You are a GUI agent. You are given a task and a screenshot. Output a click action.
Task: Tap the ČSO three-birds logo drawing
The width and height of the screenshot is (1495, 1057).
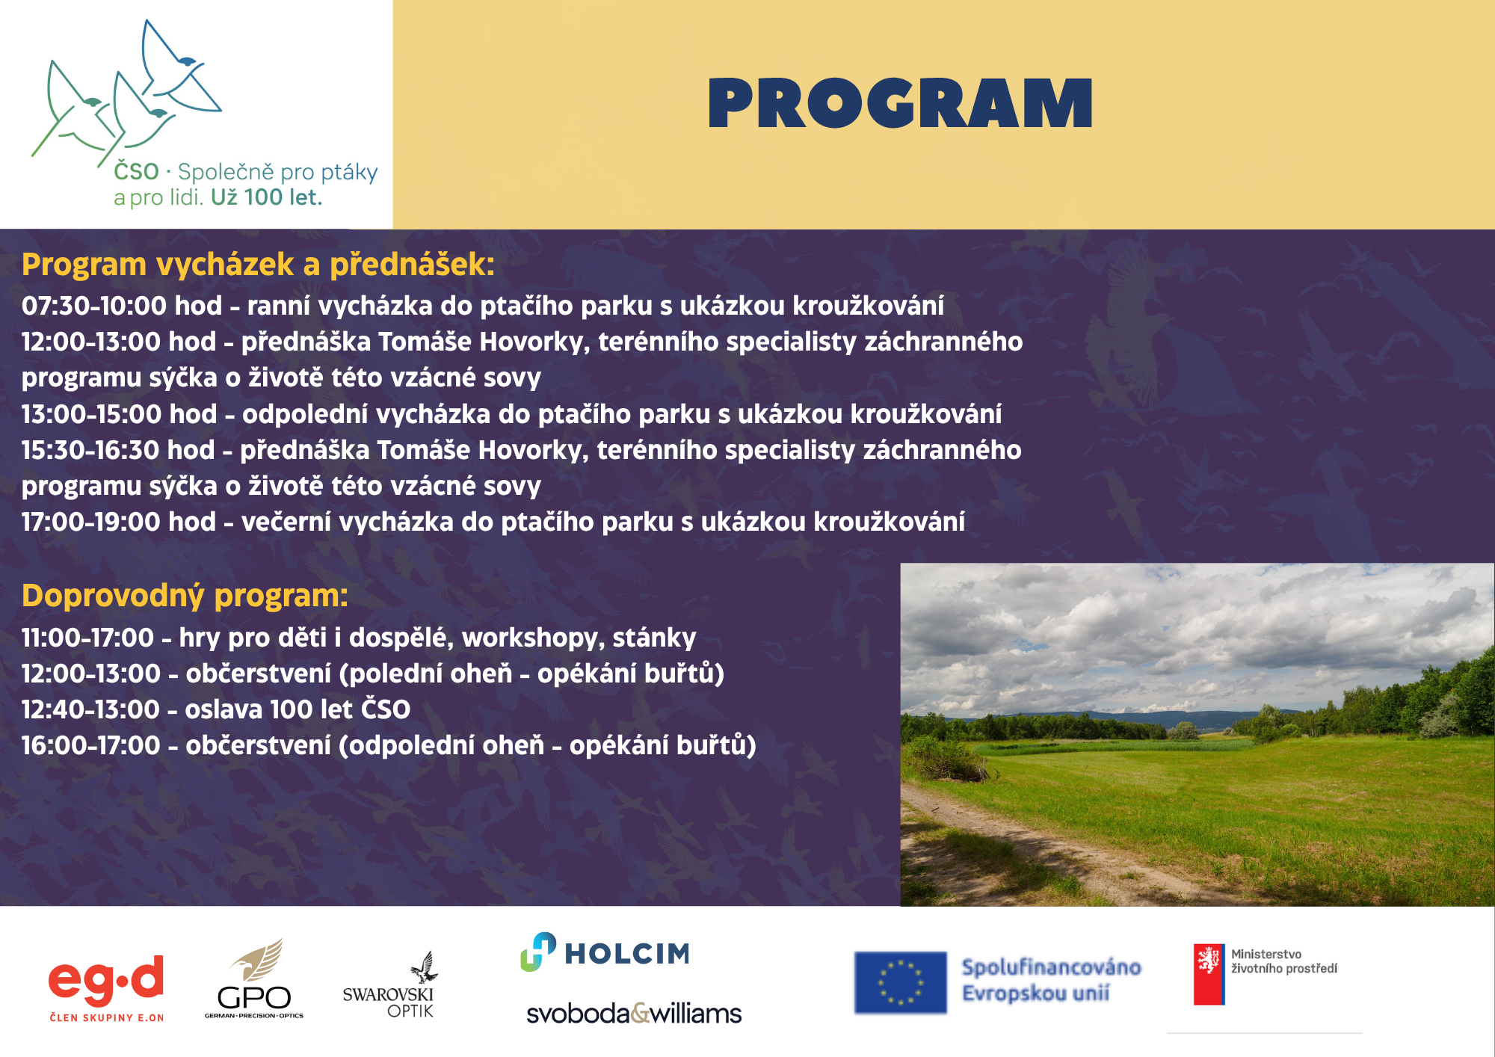[127, 93]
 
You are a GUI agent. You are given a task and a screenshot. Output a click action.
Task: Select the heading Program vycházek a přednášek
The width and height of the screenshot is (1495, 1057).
[258, 265]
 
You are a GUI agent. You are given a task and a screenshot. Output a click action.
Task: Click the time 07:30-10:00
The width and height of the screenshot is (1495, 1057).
[94, 306]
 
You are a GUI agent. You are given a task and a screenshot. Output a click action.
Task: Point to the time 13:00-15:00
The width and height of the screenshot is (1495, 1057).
[91, 414]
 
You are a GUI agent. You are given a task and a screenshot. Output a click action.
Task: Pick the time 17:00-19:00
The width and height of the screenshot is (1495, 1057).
[91, 522]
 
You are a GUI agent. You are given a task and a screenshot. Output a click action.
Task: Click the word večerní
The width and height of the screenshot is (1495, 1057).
[286, 522]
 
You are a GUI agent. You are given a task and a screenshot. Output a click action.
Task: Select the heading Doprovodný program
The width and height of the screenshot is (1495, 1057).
[185, 596]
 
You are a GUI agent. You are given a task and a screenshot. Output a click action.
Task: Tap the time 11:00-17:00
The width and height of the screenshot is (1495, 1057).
[87, 638]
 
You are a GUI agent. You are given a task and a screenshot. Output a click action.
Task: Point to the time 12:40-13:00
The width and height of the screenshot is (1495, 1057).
[90, 709]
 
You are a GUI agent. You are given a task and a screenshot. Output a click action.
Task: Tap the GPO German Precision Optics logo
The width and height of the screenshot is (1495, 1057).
[254, 979]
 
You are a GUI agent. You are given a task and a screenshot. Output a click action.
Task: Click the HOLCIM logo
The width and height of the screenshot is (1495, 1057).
[605, 952]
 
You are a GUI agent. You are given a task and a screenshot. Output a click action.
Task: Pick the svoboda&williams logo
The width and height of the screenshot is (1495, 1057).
[634, 1014]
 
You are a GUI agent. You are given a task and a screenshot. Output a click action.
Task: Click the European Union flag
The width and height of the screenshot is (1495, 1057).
[900, 982]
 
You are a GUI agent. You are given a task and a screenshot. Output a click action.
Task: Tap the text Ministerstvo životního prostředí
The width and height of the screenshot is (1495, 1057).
[1283, 961]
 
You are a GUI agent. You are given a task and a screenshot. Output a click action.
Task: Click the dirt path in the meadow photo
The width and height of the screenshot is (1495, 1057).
[1046, 845]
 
